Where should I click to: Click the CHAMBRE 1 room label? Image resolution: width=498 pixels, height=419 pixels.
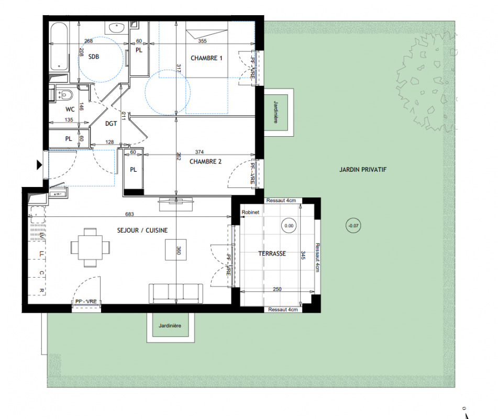pyautogui.click(x=206, y=58)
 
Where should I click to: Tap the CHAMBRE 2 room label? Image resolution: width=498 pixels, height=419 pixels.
pyautogui.click(x=205, y=162)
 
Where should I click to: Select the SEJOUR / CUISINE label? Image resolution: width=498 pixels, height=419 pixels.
pyautogui.click(x=142, y=230)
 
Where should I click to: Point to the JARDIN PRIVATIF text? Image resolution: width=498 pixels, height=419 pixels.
pyautogui.click(x=363, y=170)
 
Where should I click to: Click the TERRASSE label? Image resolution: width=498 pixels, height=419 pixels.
pyautogui.click(x=272, y=253)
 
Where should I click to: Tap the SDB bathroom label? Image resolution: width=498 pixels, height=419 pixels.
pyautogui.click(x=94, y=57)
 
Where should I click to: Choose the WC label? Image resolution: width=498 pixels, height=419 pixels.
pyautogui.click(x=70, y=109)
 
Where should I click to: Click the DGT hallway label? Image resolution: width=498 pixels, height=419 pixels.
pyautogui.click(x=111, y=124)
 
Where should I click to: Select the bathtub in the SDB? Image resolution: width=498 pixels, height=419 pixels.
pyautogui.click(x=59, y=47)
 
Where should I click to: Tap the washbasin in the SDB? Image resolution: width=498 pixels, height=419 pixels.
pyautogui.click(x=117, y=28)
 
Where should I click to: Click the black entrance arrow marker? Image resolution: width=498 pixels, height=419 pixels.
pyautogui.click(x=39, y=165)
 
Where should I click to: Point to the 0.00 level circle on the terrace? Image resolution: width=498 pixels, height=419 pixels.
pyautogui.click(x=289, y=226)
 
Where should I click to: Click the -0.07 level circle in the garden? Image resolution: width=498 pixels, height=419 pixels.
pyautogui.click(x=353, y=226)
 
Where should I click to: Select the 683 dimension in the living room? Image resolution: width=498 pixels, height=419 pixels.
pyautogui.click(x=129, y=214)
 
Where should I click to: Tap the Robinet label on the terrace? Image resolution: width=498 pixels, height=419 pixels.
pyautogui.click(x=250, y=212)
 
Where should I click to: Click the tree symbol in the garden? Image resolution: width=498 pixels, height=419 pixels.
pyautogui.click(x=427, y=82)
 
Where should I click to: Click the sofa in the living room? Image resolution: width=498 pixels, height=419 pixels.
pyautogui.click(x=175, y=293)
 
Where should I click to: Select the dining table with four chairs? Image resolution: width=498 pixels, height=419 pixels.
pyautogui.click(x=90, y=247)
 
